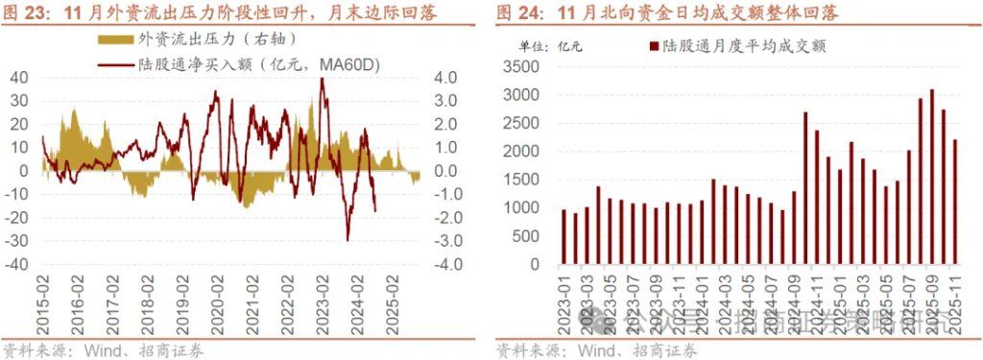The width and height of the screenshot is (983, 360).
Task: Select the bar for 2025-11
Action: pyautogui.click(x=954, y=203)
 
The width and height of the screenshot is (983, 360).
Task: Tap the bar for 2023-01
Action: pyautogui.click(x=564, y=237)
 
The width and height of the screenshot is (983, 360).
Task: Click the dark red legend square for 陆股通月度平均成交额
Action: pyautogui.click(x=653, y=46)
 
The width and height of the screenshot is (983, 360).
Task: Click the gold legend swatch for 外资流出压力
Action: pyautogui.click(x=116, y=39)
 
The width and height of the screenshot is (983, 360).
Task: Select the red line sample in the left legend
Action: pyautogui.click(x=116, y=63)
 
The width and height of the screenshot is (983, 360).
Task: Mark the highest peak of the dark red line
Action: pyautogui.click(x=322, y=79)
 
